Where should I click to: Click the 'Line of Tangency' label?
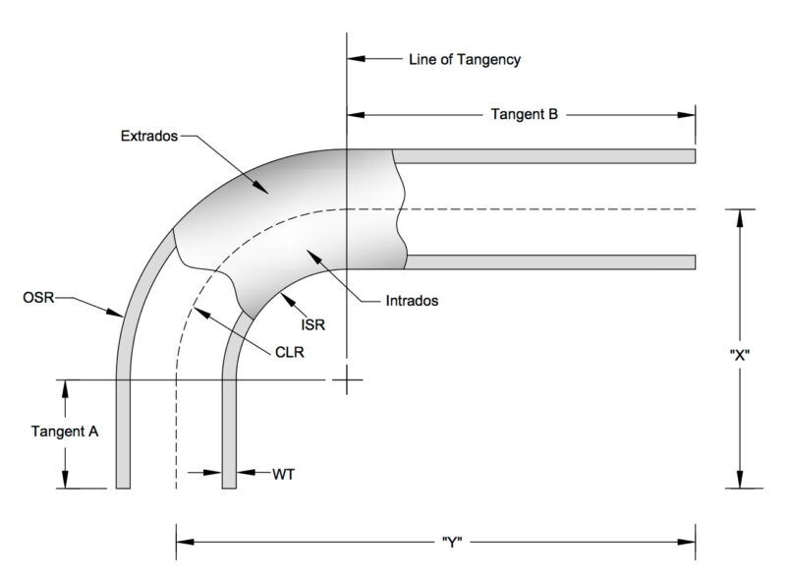(465, 60)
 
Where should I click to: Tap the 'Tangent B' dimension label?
(524, 114)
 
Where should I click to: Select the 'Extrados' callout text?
(149, 136)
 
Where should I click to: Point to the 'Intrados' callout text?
(412, 301)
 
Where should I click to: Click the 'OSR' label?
(38, 298)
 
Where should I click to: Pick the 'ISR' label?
(312, 325)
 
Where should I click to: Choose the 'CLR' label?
(290, 352)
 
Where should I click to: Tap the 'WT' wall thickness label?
(284, 474)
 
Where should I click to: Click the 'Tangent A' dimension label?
(65, 432)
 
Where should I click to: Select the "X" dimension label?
(740, 355)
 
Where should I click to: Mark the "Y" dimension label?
(452, 543)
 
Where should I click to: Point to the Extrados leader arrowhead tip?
(268, 193)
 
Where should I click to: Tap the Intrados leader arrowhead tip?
(307, 250)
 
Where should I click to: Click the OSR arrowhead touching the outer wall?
(124, 317)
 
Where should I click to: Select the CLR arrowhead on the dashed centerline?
(194, 307)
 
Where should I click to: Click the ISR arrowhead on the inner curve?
(281, 293)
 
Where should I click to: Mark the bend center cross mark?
(347, 379)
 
